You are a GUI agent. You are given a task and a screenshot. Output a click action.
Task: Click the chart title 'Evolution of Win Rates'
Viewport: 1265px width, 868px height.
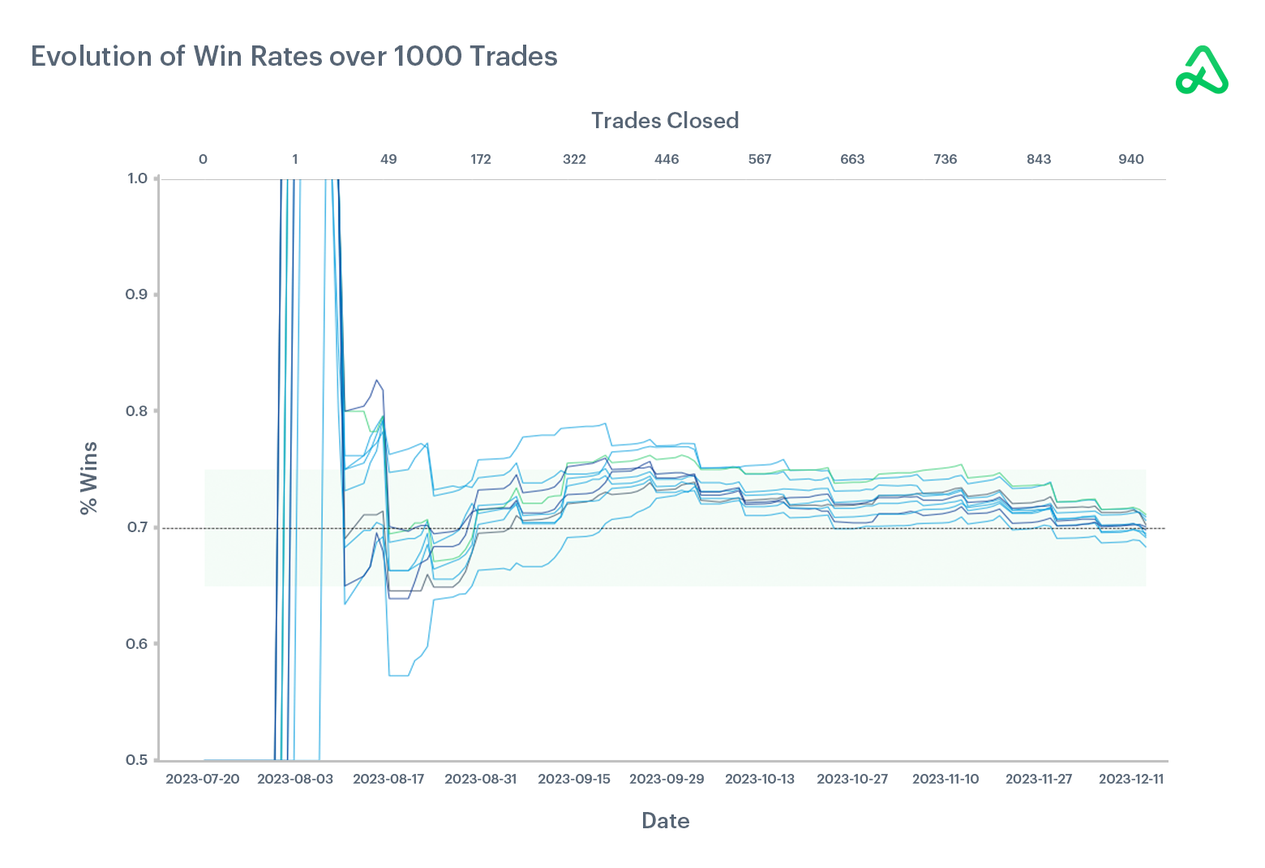[294, 56]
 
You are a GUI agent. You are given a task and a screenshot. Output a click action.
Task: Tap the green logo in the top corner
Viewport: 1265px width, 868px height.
[1202, 71]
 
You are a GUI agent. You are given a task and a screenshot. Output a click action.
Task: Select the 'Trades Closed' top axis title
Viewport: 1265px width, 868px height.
[664, 121]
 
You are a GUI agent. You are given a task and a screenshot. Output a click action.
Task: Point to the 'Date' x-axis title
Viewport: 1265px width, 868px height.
[665, 821]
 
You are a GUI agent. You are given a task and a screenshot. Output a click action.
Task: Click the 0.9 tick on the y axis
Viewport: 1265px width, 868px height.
[136, 294]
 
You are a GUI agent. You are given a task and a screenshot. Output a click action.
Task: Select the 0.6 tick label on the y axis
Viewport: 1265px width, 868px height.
[136, 644]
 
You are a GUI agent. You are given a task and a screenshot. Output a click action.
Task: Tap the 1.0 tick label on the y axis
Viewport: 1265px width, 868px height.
[136, 178]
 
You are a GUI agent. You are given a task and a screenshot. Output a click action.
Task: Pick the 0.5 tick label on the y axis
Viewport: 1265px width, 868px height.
[136, 760]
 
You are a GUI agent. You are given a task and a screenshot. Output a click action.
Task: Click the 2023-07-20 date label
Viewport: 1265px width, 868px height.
[203, 779]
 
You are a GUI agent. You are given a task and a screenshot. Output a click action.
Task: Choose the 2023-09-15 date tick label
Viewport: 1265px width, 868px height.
[574, 779]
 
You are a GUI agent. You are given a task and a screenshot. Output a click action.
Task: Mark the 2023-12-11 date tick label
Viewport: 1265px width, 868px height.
[1131, 779]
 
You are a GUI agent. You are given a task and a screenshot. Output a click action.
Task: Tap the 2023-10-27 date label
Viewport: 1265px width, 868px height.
[852, 779]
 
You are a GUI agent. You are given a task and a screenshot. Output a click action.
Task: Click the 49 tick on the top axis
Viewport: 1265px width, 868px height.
[388, 159]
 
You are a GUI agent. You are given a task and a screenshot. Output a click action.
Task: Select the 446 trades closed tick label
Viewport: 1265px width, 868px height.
[667, 159]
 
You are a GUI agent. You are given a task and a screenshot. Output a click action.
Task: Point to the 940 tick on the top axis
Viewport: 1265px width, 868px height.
[1131, 159]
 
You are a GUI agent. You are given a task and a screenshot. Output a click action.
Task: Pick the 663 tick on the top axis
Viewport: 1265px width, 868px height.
[852, 159]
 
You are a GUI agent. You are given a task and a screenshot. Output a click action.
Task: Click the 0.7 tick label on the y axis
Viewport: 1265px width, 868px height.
[136, 527]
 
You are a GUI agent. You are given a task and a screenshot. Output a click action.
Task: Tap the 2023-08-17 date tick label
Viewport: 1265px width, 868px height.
[388, 779]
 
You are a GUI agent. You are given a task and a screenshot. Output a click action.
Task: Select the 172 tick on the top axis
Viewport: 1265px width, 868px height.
[481, 159]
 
